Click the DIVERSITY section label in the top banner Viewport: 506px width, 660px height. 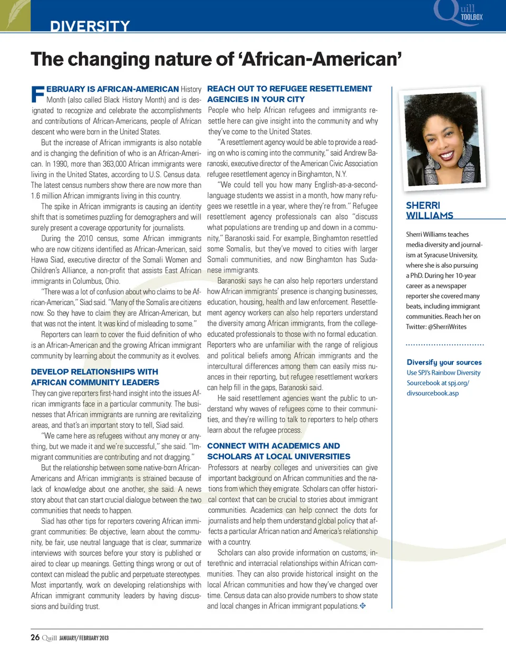(x=90, y=26)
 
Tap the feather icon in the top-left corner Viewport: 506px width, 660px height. (x=15, y=15)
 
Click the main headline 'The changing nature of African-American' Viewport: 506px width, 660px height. (x=216, y=59)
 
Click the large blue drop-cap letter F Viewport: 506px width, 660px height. (x=37, y=94)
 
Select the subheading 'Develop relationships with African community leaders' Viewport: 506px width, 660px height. (x=95, y=377)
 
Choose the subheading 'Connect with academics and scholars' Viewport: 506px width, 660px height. (x=278, y=451)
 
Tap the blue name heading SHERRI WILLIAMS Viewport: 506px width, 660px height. (x=429, y=210)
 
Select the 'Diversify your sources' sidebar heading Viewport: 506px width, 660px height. (x=444, y=362)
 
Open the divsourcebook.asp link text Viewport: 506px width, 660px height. (x=432, y=393)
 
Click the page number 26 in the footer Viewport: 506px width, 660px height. (x=35, y=637)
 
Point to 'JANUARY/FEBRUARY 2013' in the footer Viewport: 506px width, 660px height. (x=84, y=638)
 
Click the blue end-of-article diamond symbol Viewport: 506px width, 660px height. (x=363, y=606)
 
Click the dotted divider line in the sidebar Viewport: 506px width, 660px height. (x=445, y=345)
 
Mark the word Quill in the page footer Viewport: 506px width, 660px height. (x=50, y=638)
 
